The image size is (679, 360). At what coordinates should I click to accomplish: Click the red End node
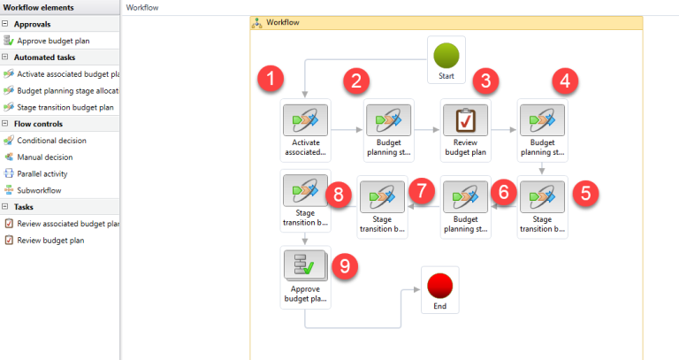point(439,286)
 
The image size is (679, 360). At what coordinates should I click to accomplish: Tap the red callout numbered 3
point(484,80)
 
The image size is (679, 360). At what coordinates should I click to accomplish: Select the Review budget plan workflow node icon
point(465,119)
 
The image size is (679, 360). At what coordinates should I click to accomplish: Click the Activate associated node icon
point(305,119)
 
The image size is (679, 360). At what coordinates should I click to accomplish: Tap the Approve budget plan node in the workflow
point(305,267)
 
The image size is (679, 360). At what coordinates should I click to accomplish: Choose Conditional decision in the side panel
point(52,140)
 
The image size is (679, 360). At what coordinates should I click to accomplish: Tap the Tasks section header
point(24,206)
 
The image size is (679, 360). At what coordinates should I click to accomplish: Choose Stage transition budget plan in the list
point(65,107)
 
